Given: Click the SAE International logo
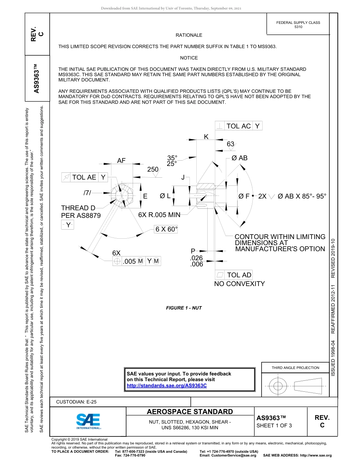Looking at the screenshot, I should pos(88,421).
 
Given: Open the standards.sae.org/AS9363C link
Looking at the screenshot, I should pos(166,386).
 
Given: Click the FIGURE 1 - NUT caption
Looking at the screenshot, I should pos(184,308).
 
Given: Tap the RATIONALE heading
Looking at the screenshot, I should pos(189,35).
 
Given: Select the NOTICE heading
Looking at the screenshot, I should pos(189,58).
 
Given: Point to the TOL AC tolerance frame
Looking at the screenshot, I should pos(238,126).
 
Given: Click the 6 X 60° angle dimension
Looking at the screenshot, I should pos(166,229).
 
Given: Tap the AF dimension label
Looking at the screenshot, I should pos(121,161).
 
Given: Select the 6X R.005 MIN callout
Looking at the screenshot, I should pos(159,215).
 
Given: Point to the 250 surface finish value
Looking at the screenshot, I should pos(153,170).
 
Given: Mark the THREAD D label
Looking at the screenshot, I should pos(78,208).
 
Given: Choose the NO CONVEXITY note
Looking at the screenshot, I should pos(239,284).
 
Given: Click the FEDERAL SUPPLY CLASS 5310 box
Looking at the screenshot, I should pos(298,25).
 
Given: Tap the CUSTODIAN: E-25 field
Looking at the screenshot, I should pos(76,402).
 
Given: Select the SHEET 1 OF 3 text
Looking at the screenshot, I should pos(274,425).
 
